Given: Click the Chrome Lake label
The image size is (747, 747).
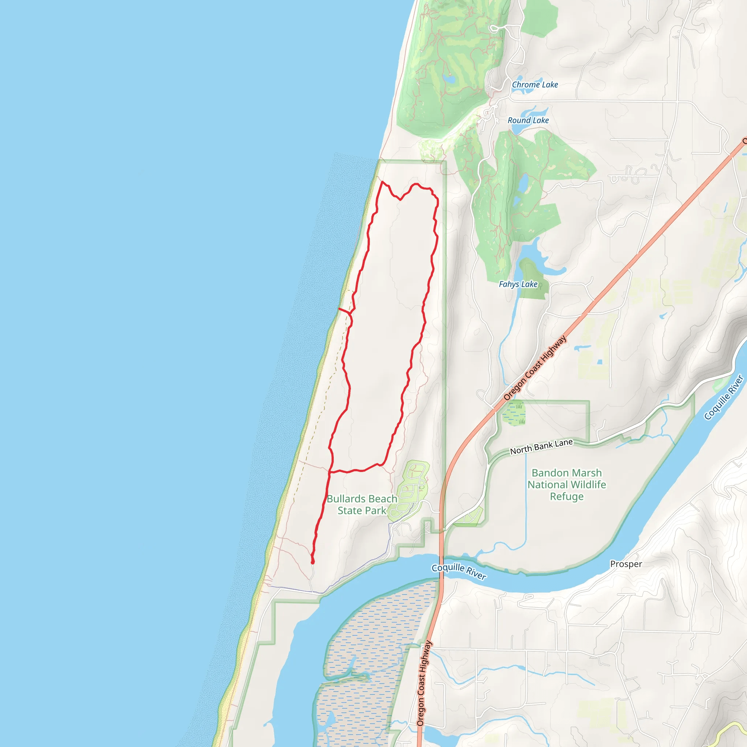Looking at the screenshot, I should [x=535, y=85].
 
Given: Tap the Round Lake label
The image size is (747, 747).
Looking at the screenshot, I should [x=528, y=121].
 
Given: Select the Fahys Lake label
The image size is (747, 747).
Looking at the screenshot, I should [x=518, y=284].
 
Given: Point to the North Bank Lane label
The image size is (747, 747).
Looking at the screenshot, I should [x=541, y=447].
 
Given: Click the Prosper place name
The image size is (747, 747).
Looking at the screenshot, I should [x=626, y=564].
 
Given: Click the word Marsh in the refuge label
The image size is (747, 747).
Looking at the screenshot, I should [x=585, y=473].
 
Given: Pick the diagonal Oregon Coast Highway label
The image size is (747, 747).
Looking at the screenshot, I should [x=535, y=368].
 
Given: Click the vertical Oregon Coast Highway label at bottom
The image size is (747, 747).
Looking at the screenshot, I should [x=424, y=683].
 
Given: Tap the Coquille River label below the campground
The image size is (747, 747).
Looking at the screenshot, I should [x=458, y=572].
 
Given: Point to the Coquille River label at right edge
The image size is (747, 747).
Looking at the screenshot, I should [x=724, y=397].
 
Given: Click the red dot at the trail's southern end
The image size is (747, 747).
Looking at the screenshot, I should [x=313, y=562].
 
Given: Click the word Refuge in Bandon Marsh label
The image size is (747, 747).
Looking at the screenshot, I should [x=567, y=496].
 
